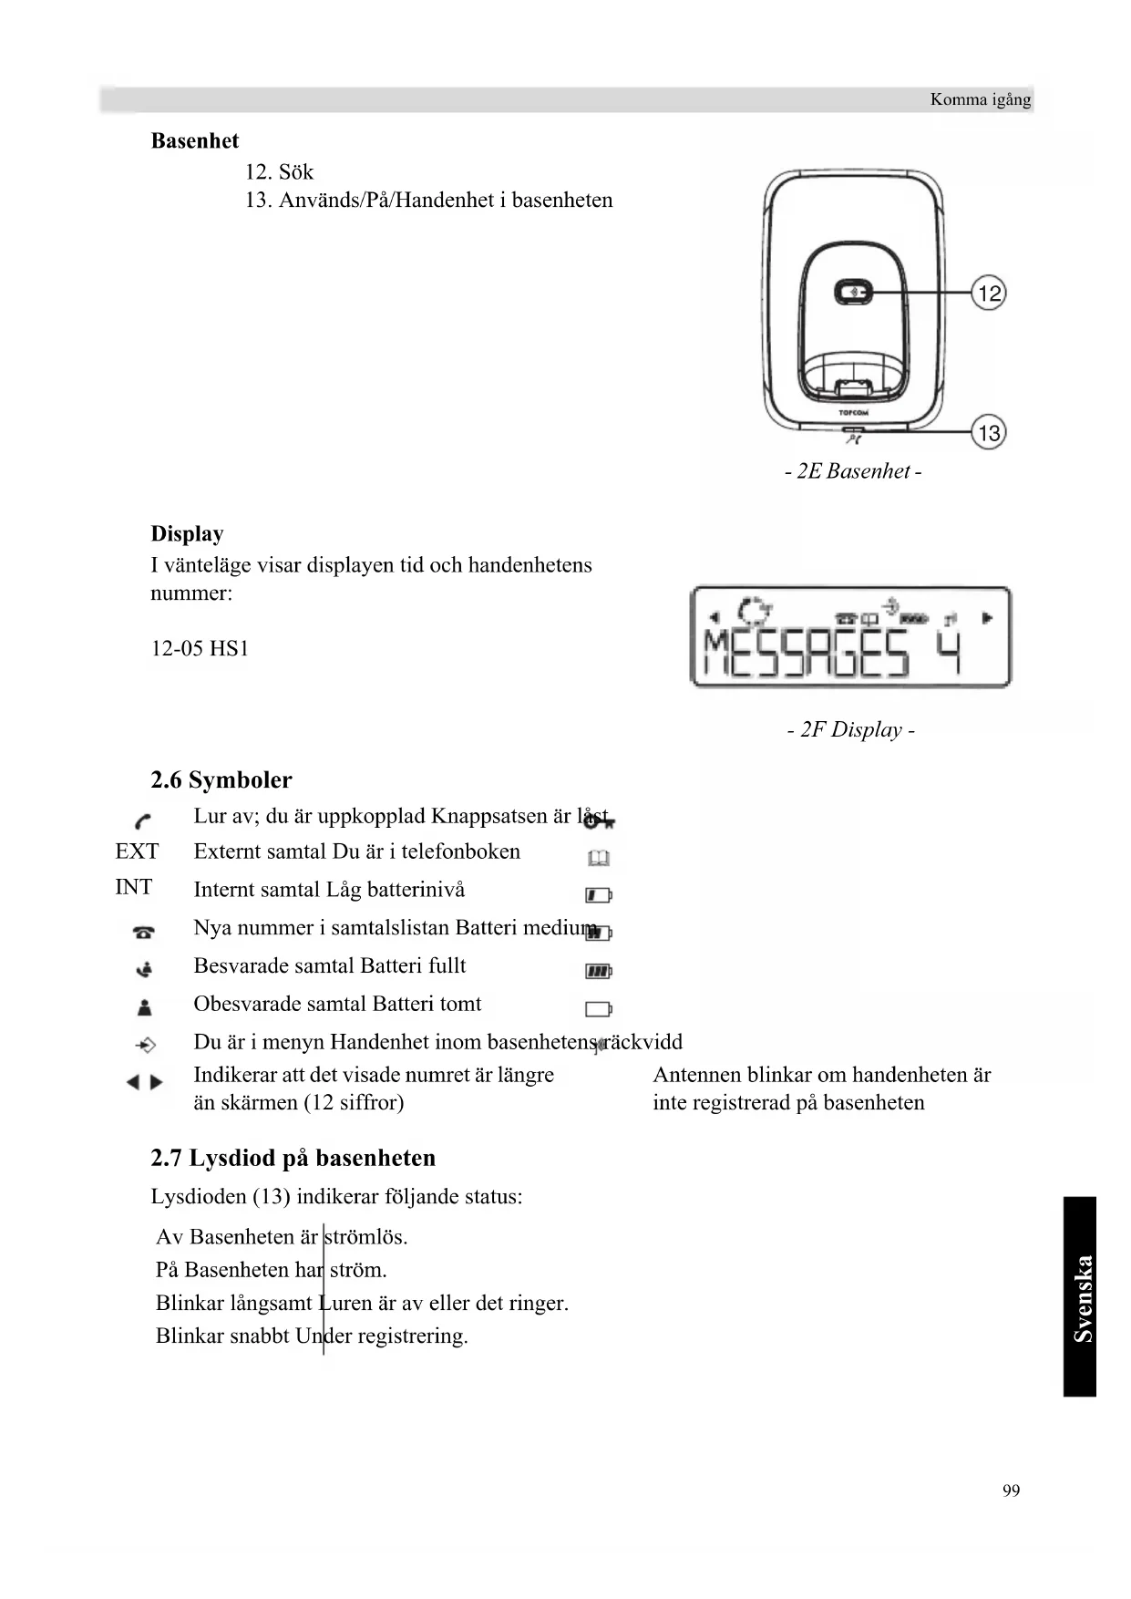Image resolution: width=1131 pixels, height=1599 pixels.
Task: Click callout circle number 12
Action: tap(989, 294)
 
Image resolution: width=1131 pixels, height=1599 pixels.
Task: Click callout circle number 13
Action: tap(989, 432)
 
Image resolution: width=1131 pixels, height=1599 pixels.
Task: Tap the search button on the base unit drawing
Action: tap(854, 293)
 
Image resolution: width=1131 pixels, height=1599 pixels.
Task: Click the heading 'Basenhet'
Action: tap(194, 141)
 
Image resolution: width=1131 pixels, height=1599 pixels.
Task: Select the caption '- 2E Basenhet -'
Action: tap(853, 471)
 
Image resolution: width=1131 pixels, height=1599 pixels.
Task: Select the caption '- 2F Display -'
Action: tap(851, 730)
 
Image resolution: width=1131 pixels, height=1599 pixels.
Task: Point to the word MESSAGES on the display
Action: tap(807, 653)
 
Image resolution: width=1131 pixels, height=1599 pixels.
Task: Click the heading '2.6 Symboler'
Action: tap(221, 780)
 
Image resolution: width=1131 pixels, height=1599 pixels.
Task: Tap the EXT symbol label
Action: tap(137, 851)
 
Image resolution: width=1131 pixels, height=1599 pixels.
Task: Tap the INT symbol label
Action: tap(133, 887)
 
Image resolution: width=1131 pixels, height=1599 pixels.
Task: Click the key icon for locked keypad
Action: tap(598, 821)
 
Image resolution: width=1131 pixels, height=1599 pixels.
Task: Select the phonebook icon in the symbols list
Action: tap(599, 859)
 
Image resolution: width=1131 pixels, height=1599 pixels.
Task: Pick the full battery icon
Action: tap(598, 972)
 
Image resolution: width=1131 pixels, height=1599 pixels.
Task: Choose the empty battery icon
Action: tap(598, 1009)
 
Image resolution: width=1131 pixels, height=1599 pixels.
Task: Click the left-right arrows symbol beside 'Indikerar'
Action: tap(145, 1082)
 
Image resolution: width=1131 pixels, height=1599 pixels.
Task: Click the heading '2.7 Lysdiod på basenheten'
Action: tap(293, 1159)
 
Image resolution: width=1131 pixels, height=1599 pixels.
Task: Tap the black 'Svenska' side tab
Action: tap(1080, 1296)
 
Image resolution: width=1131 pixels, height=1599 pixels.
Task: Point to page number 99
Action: tap(1011, 1491)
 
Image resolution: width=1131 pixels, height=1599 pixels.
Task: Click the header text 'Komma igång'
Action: tap(980, 99)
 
